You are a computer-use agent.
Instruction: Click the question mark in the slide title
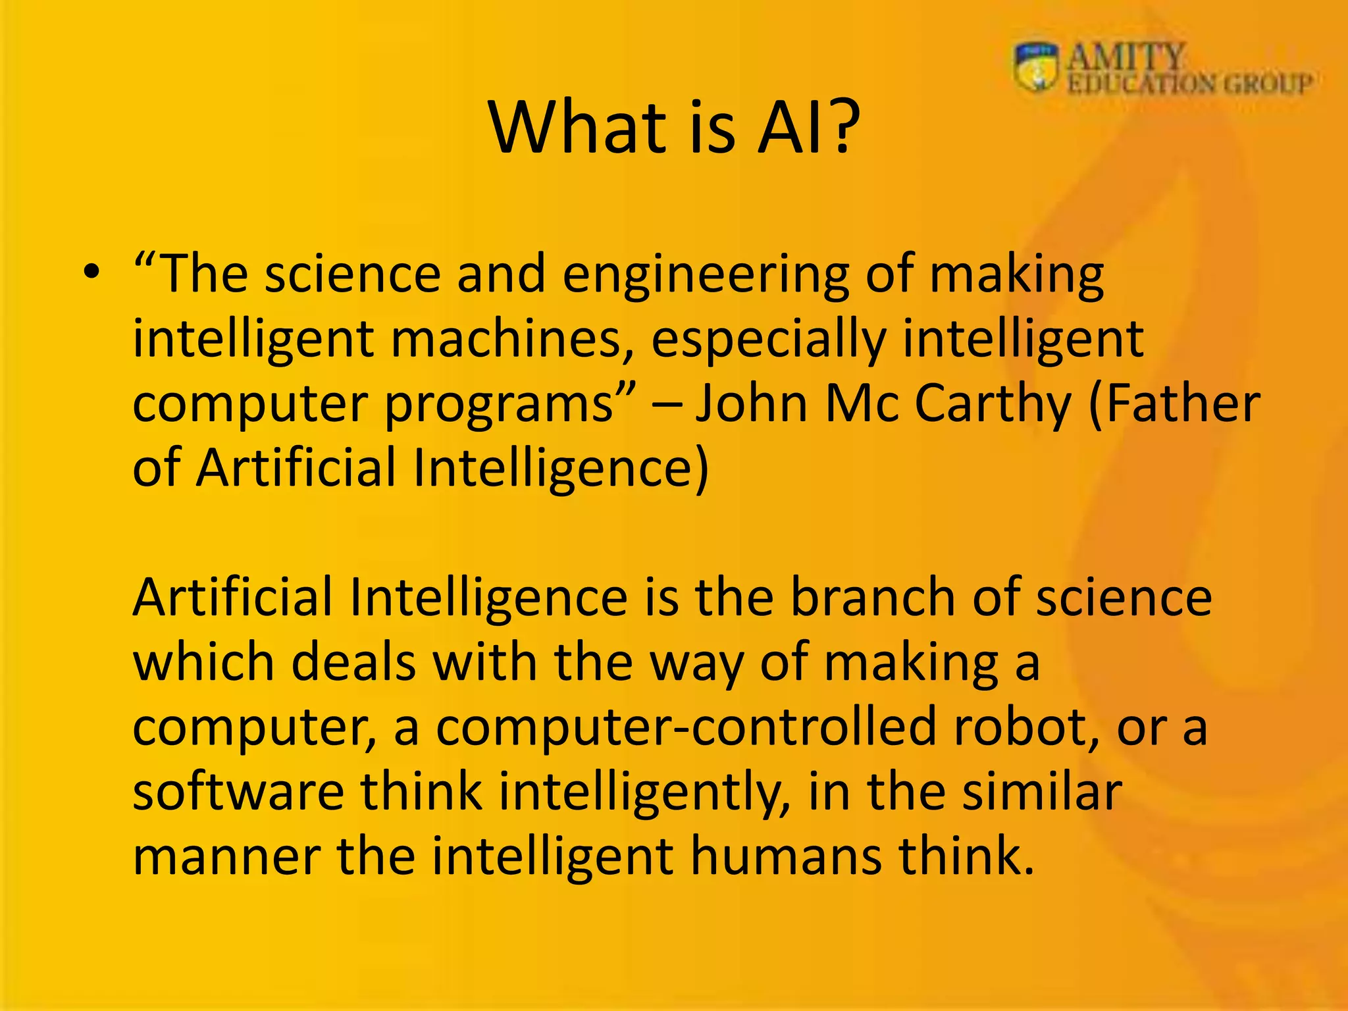pyautogui.click(x=839, y=128)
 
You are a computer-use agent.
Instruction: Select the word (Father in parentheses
pyautogui.click(x=1174, y=403)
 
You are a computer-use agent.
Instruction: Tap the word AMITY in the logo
pyautogui.click(x=1126, y=56)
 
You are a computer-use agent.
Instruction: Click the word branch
pyautogui.click(x=873, y=596)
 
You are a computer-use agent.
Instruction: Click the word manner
pyautogui.click(x=226, y=857)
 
